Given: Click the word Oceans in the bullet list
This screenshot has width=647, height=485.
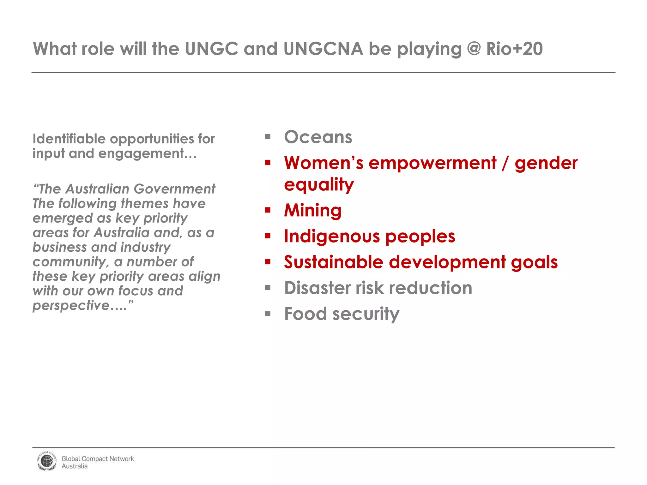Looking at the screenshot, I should (318, 137).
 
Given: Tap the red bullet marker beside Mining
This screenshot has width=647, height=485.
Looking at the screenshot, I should (268, 210).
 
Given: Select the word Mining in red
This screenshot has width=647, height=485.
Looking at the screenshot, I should (312, 210).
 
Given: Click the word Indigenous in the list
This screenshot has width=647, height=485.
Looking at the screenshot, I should (331, 237).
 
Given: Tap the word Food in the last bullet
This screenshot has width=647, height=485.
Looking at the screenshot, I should (305, 314).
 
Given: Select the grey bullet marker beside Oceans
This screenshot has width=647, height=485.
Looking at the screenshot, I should (268, 137).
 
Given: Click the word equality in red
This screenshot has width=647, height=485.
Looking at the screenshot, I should (319, 185).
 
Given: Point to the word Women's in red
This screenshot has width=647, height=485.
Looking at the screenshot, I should (323, 163).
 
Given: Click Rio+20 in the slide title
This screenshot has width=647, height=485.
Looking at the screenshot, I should (514, 49).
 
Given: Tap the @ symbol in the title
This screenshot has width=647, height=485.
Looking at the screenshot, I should (474, 49).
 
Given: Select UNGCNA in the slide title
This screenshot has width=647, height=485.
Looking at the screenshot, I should (323, 49).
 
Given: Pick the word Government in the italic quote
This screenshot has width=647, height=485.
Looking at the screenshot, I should (174, 189).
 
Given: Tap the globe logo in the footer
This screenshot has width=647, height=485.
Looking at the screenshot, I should (47, 461).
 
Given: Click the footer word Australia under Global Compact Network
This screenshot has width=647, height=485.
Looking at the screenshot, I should (75, 466).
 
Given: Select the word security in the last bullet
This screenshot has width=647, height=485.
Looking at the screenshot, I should (366, 314).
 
